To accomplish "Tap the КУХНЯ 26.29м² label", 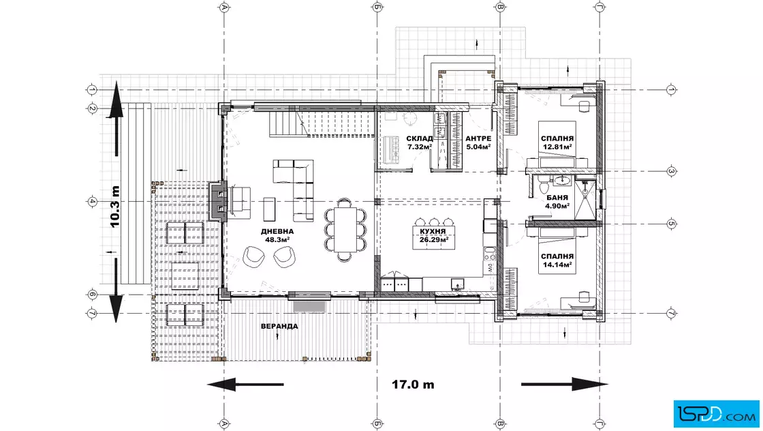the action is click(x=433, y=236).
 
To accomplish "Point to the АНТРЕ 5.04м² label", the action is click(x=478, y=143).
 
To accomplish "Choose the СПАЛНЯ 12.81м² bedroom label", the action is click(x=557, y=143).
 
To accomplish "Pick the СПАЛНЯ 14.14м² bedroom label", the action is click(x=557, y=261).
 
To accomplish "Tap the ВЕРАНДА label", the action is click(x=279, y=326).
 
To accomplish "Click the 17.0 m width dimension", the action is click(x=413, y=384).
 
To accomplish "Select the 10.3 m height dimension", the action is click(x=114, y=207).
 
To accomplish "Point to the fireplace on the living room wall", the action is click(x=218, y=200).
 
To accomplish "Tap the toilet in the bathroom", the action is click(x=543, y=185).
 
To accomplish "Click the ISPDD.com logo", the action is click(x=716, y=414).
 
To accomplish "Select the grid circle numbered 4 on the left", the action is click(x=92, y=201).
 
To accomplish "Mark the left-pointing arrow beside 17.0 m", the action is click(x=246, y=384).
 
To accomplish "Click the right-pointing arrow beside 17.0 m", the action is click(x=565, y=384).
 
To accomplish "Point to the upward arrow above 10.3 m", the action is click(x=116, y=119).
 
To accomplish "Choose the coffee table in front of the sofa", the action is click(x=269, y=209).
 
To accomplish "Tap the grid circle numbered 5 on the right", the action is click(x=671, y=224).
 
